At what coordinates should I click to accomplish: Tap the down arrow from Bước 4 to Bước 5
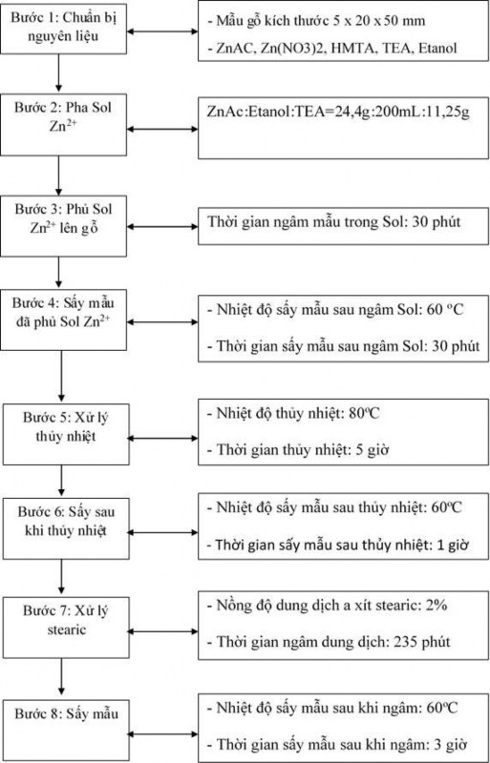[60, 376]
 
